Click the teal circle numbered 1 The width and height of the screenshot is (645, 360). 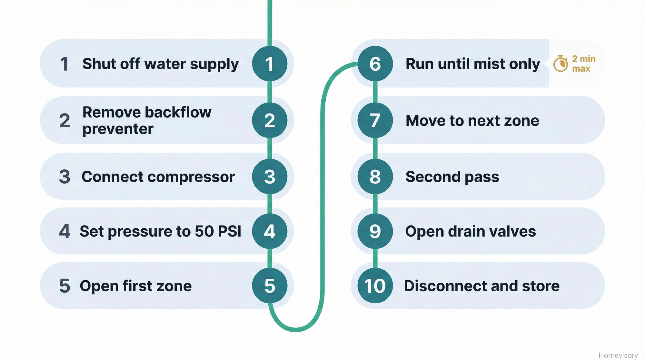click(x=270, y=64)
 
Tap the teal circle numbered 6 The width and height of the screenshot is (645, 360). click(x=375, y=64)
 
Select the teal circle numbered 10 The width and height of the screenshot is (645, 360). click(x=375, y=286)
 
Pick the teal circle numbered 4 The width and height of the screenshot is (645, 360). click(x=270, y=231)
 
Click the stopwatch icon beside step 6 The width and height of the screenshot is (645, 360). click(x=561, y=64)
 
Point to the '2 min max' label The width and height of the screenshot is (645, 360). click(x=583, y=64)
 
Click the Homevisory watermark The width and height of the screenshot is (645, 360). click(x=618, y=355)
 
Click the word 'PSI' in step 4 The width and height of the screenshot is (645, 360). click(x=229, y=231)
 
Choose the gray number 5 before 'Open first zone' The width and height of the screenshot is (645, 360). click(x=64, y=286)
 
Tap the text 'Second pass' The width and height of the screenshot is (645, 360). click(x=452, y=177)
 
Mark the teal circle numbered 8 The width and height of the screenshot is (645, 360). click(x=375, y=177)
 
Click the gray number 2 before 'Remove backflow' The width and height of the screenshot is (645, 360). click(x=64, y=121)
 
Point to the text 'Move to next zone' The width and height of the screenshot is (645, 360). click(x=472, y=121)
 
